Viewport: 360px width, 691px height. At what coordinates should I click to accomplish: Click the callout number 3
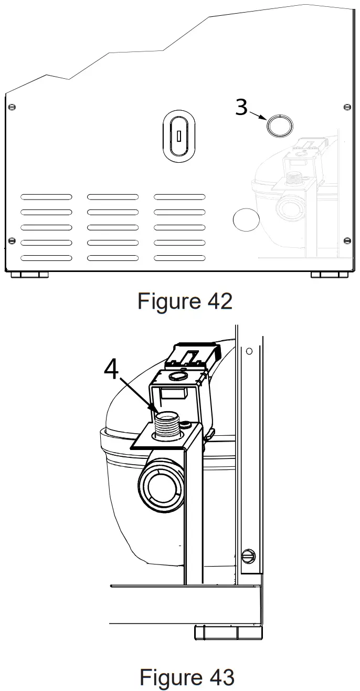tap(241, 107)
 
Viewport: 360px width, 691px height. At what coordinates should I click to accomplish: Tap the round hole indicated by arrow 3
tap(278, 125)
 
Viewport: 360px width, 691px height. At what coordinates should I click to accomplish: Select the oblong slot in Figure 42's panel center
tap(178, 136)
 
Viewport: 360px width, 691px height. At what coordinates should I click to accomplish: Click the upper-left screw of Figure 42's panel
tap(12, 107)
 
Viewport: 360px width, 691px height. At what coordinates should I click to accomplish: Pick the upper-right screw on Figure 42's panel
tap(346, 107)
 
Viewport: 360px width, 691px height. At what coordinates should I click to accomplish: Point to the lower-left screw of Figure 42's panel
tap(12, 241)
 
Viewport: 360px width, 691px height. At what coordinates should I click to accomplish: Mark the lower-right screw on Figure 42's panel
tap(346, 241)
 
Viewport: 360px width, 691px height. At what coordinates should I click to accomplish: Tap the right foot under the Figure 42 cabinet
tap(330, 275)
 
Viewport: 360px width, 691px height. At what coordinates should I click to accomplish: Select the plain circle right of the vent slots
tap(246, 219)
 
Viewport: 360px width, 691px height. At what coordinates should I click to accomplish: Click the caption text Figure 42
tap(184, 301)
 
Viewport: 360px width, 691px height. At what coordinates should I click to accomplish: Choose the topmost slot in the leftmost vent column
tap(47, 197)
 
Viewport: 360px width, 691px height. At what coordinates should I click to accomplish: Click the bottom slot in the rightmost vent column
tap(179, 258)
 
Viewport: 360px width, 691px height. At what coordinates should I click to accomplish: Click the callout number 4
tap(111, 370)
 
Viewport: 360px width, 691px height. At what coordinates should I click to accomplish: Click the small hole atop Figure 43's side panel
tap(249, 351)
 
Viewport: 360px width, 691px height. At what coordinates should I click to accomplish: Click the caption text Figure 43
tap(186, 677)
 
